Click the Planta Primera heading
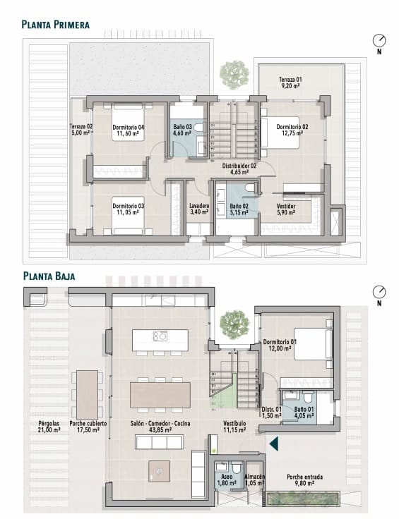coord(55,25)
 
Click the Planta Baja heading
coord(49,276)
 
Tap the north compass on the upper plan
coord(380,40)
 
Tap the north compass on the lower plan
coord(380,293)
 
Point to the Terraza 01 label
coord(290,80)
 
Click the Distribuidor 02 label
coord(239,166)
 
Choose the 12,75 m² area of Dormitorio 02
coord(290,133)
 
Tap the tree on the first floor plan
coord(232,72)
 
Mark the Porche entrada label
coord(305,477)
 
